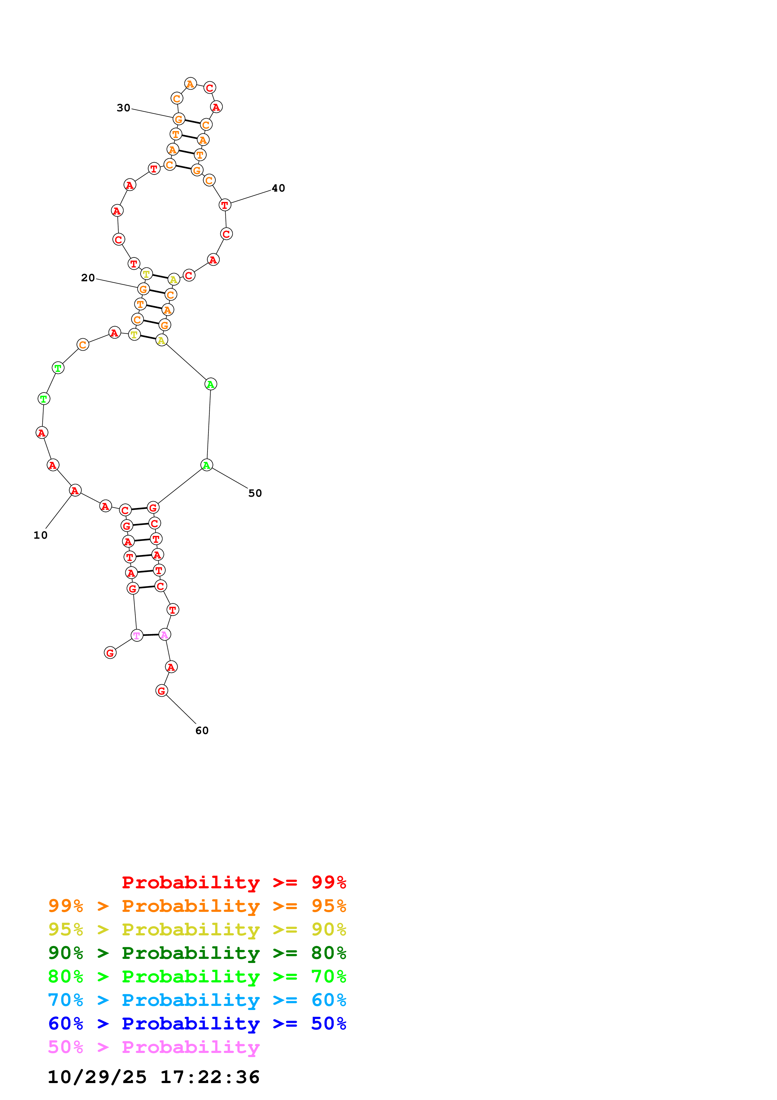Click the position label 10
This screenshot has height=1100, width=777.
(40, 535)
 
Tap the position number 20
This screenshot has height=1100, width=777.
(88, 278)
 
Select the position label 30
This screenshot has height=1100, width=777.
(123, 108)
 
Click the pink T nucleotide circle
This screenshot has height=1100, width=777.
(137, 635)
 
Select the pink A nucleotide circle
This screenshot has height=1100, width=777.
(165, 635)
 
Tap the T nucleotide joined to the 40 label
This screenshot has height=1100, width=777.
(224, 205)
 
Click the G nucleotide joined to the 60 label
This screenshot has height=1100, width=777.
(161, 690)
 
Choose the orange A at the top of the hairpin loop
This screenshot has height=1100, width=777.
(191, 84)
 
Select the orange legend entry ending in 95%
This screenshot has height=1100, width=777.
(197, 906)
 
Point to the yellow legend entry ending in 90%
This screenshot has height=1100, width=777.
(197, 929)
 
